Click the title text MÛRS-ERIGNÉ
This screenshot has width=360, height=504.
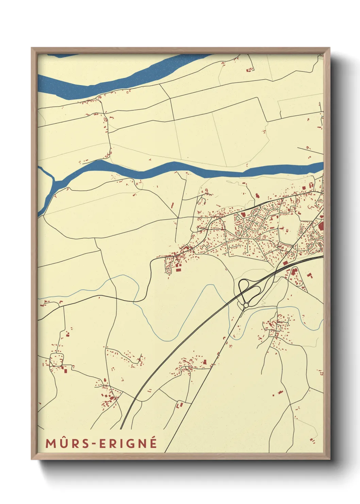[x=101, y=443]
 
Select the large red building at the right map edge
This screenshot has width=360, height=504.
[x=321, y=226]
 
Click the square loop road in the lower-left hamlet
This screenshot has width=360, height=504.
[x=56, y=360]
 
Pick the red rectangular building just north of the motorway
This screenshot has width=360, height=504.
[x=285, y=263]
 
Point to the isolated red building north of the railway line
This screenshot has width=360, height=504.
[x=258, y=195]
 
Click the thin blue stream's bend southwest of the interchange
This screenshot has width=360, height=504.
[x=167, y=339]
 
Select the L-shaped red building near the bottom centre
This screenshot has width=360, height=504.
[x=179, y=405]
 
